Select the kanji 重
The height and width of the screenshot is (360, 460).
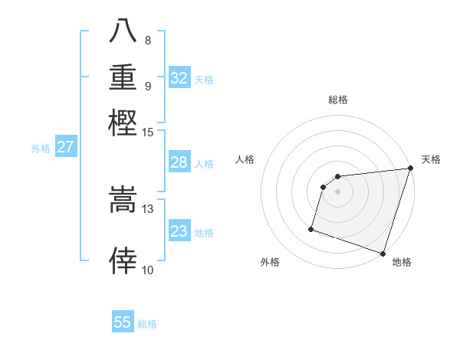click(123, 77)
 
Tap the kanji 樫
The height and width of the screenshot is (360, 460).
click(123, 123)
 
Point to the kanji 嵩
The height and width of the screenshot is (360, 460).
click(123, 201)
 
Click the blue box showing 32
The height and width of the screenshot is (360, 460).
click(179, 78)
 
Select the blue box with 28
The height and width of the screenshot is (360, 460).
click(179, 162)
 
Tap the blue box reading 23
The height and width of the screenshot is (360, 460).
click(179, 231)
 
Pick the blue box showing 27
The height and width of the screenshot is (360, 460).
click(65, 147)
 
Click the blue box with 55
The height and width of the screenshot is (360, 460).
click(123, 322)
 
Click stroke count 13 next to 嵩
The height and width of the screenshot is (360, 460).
click(148, 208)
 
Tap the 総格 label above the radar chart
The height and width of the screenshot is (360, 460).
click(338, 100)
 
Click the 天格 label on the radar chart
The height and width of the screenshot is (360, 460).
click(431, 159)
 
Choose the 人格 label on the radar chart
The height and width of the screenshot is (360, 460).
click(245, 159)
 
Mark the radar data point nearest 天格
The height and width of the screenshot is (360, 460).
click(410, 169)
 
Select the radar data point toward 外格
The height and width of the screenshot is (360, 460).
click(311, 228)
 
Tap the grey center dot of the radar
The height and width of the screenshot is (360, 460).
click(338, 192)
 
